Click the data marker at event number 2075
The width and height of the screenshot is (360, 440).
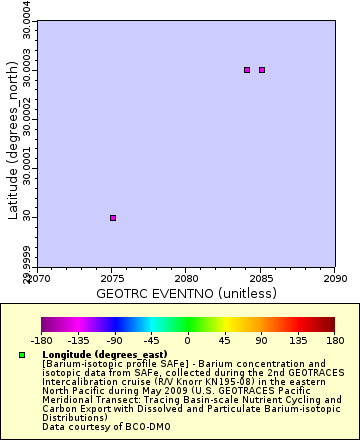coord(113,217)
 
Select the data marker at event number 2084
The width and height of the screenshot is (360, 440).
coord(247,70)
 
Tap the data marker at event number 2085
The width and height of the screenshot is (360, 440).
coord(262,70)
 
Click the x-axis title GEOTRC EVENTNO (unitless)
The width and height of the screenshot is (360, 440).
coord(186,294)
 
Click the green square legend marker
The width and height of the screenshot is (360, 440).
coord(22,355)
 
